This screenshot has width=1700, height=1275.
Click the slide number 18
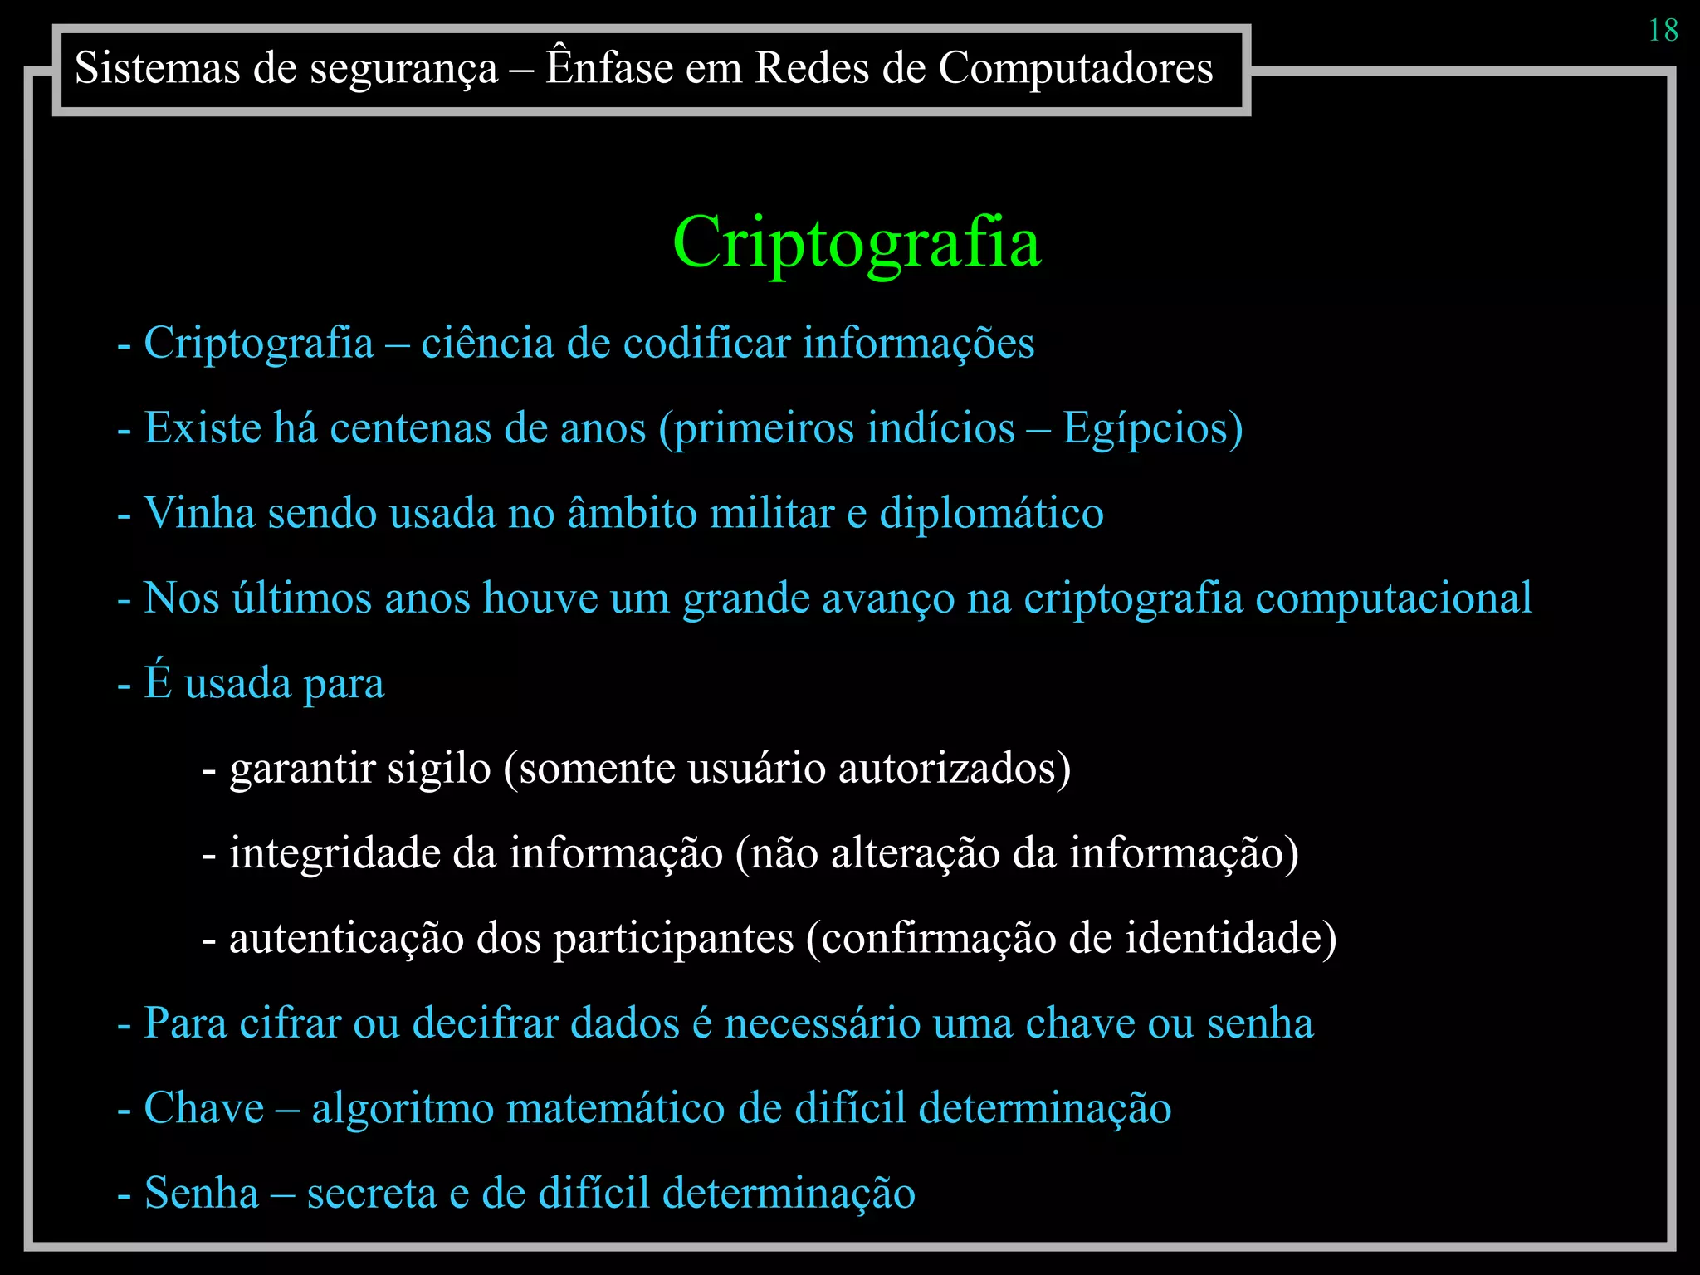click(1663, 31)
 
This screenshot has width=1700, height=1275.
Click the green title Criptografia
click(857, 242)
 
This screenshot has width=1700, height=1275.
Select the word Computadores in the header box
click(1075, 68)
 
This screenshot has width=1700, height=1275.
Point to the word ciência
click(487, 343)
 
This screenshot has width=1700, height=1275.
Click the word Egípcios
click(1152, 429)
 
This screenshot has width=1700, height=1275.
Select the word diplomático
click(991, 513)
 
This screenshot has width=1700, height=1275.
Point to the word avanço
click(888, 598)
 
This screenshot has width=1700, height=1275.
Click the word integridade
click(335, 853)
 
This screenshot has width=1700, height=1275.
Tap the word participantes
click(673, 939)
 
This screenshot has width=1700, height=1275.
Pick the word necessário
click(822, 1023)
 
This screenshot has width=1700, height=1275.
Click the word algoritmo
click(403, 1108)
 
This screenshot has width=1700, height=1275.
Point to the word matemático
click(616, 1108)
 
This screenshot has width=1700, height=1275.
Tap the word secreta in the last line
click(372, 1193)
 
